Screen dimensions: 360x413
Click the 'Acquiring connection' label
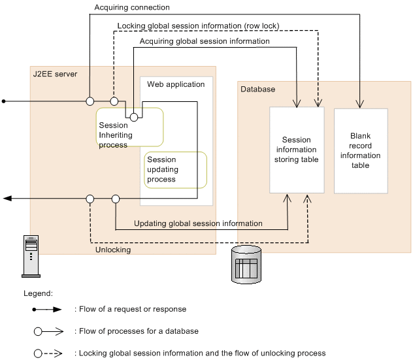click(x=132, y=8)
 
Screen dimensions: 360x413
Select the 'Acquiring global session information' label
click(x=205, y=41)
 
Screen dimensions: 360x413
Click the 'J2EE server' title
click(x=56, y=74)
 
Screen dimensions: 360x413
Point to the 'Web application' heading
click(x=176, y=84)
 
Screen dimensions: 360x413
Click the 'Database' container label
click(x=258, y=89)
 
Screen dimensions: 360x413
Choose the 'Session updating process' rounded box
click(x=175, y=169)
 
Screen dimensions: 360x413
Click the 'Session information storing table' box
click(x=297, y=150)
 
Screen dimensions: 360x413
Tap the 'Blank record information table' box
click(x=361, y=150)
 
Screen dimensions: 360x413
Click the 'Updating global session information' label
click(x=198, y=223)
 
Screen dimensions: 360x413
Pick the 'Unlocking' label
click(x=113, y=250)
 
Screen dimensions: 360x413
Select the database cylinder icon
click(x=246, y=264)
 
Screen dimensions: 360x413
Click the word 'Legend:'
click(x=38, y=295)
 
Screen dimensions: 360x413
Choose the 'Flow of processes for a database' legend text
click(x=139, y=331)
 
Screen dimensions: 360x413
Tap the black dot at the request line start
click(x=4, y=101)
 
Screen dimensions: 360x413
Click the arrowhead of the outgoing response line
click(x=7, y=198)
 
